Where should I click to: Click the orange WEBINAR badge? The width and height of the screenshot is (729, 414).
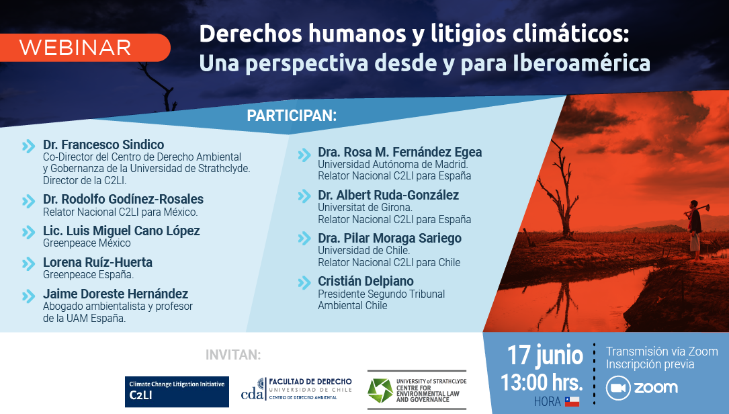point(85,48)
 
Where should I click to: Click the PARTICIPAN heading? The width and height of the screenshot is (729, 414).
point(292,116)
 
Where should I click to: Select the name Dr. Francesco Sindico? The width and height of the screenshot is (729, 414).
point(103,144)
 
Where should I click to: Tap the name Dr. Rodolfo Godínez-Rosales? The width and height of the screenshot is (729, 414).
point(123,199)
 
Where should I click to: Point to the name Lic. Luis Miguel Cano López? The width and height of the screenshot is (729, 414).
point(122,231)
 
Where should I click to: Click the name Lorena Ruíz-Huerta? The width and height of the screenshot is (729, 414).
point(97,262)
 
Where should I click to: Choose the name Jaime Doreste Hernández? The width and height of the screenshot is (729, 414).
point(116,294)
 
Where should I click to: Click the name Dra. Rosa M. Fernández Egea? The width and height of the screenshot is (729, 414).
point(400,152)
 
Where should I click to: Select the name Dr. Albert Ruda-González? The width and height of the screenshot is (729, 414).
point(388,196)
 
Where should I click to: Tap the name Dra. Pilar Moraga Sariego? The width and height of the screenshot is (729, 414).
point(390,238)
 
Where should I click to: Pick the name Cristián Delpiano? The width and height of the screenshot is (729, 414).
point(366,282)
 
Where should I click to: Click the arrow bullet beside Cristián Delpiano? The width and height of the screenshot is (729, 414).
point(304,282)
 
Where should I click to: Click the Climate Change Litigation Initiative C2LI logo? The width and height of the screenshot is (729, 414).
point(177,392)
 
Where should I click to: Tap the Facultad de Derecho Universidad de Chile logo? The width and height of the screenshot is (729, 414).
point(296,389)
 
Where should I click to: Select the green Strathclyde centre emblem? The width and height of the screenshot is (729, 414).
point(380,390)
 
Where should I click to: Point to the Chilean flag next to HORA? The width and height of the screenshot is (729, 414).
point(572,401)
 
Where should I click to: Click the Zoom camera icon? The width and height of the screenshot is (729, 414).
point(618,388)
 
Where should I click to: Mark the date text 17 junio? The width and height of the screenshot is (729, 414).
point(544,356)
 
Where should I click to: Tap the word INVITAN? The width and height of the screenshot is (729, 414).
point(233,355)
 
